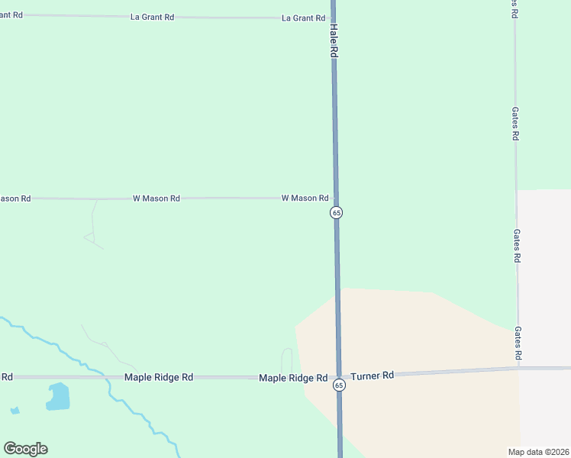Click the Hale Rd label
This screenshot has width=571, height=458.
pos(334,40)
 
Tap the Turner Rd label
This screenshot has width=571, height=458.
pos(373,376)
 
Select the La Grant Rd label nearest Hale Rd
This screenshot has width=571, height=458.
pos(303,18)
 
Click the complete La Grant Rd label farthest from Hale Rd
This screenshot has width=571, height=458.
pos(153,17)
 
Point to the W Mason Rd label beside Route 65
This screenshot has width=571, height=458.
pos(305,198)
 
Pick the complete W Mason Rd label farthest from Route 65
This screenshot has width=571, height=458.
pos(156,198)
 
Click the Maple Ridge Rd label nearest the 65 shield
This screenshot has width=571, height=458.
pos(293,378)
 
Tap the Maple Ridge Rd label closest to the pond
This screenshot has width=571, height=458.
pos(159,377)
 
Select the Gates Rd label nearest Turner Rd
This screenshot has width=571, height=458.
pos(518,343)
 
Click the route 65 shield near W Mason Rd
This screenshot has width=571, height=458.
pos(336,212)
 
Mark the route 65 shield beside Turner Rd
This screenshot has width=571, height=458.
pos(339,385)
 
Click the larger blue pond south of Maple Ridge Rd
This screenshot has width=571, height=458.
pos(58,396)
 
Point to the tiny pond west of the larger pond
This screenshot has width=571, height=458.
pos(15,411)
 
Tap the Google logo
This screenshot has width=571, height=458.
pos(25,449)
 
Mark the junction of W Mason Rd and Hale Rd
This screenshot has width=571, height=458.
pos(335,198)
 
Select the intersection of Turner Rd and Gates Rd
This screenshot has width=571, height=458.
pos(518,368)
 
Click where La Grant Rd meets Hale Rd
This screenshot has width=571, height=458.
pos(333,18)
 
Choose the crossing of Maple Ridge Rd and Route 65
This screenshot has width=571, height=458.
pos(339,376)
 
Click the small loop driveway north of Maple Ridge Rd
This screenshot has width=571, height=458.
pos(287,360)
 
